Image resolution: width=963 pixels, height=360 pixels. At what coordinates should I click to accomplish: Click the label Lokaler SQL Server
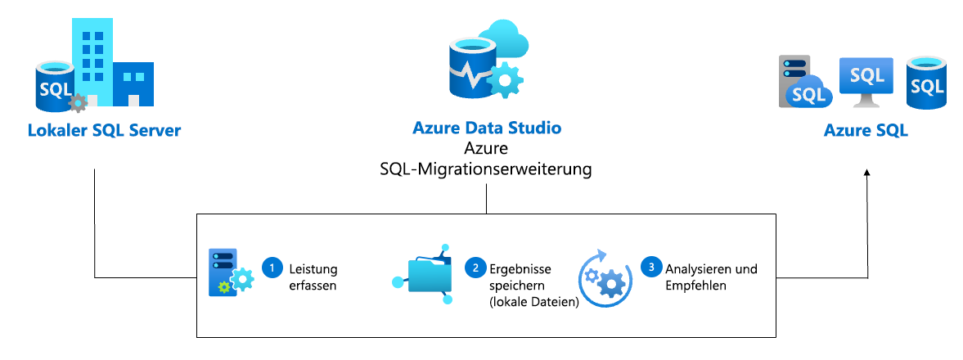click(104, 130)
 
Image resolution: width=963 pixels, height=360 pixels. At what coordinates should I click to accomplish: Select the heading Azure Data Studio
click(487, 128)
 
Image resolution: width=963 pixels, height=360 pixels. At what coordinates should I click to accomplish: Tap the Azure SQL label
click(866, 130)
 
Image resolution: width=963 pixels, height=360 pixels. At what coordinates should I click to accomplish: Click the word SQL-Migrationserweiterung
click(487, 169)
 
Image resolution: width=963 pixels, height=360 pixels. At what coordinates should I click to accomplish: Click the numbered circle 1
click(270, 268)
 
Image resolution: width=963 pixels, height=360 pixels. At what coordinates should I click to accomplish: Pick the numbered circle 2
click(474, 268)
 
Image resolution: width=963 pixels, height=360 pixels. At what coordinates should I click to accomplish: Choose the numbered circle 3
click(650, 268)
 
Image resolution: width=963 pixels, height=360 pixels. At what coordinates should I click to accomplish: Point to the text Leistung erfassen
click(313, 277)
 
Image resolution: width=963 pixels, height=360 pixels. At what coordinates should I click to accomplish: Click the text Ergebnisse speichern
click(522, 277)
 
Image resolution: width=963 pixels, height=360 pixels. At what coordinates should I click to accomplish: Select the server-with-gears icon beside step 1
click(229, 272)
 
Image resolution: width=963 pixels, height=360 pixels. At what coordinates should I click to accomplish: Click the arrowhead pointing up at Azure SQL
click(867, 173)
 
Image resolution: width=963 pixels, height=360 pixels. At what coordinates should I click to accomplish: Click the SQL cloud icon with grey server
click(803, 83)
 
